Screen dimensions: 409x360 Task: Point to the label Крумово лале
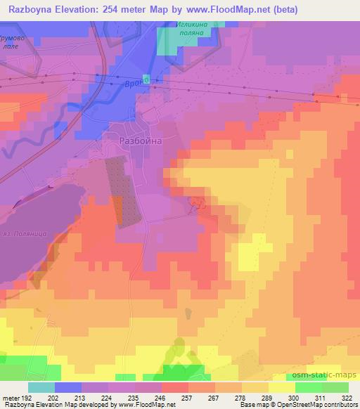coord(15,41)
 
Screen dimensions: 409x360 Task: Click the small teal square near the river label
coord(146,78)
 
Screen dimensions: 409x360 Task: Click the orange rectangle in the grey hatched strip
coord(117,210)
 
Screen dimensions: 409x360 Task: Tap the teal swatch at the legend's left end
coord(41,387)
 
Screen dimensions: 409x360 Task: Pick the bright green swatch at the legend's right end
coord(335,387)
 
